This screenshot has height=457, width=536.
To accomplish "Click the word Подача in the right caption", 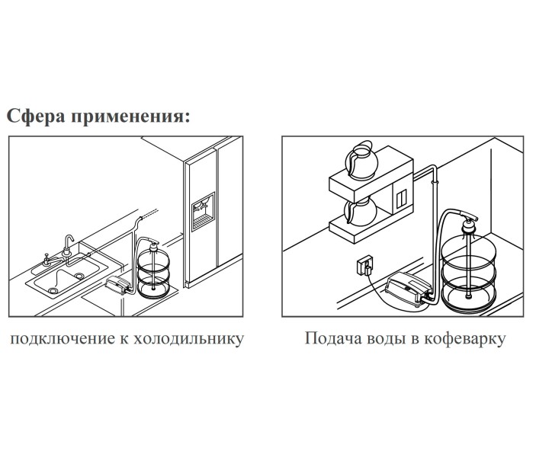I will coord(331,337).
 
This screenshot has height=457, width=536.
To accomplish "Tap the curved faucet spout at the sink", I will coord(69,242).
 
